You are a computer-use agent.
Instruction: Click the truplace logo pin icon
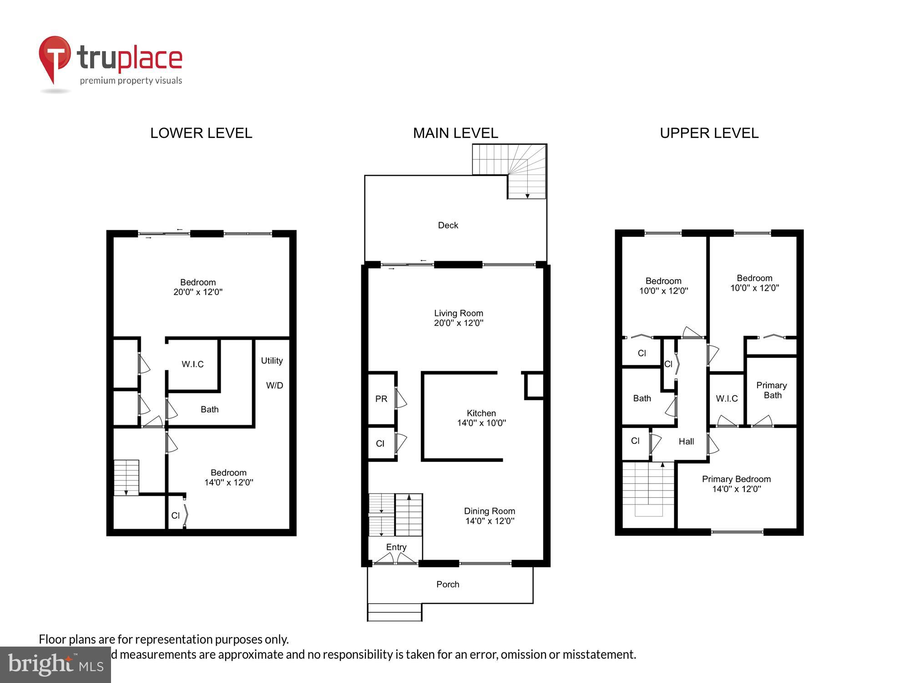(x=55, y=57)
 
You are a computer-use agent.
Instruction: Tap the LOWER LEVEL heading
(x=201, y=133)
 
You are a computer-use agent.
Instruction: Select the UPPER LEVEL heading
(x=709, y=133)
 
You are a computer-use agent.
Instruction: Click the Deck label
(x=448, y=225)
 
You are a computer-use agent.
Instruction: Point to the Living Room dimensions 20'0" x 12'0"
(x=458, y=323)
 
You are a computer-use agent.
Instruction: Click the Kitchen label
(x=481, y=413)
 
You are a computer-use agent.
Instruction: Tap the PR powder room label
(x=381, y=399)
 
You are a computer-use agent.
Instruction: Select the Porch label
(x=448, y=584)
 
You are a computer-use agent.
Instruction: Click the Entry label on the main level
(x=396, y=547)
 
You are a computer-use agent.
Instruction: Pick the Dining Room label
(x=489, y=511)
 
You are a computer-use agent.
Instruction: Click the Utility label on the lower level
(x=272, y=361)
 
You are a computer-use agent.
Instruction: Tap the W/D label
(x=274, y=386)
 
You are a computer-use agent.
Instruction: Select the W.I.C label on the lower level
(x=192, y=364)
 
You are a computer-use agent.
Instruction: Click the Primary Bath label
(x=772, y=390)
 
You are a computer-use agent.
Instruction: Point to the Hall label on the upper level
(x=686, y=441)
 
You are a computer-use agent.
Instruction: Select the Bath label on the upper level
(x=642, y=398)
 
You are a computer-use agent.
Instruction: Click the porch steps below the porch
(x=394, y=612)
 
